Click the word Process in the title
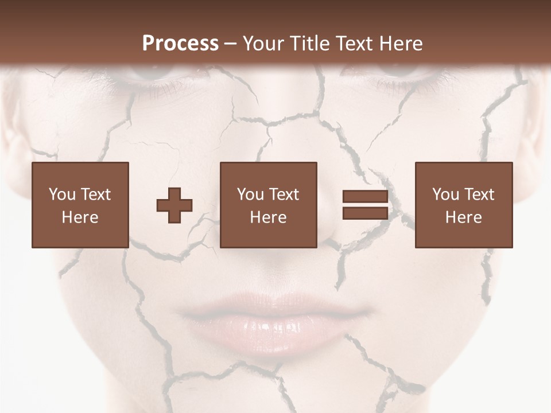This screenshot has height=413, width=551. click(180, 43)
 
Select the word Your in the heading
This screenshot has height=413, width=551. click(263, 43)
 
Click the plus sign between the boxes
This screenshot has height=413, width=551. click(174, 205)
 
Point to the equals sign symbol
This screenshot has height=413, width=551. click(365, 205)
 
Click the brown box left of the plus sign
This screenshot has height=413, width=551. click(80, 205)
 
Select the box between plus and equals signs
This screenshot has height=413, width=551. click(269, 205)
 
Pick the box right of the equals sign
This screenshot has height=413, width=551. click(464, 205)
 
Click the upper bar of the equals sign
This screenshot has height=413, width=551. click(365, 197)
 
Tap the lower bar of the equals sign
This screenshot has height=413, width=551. click(365, 213)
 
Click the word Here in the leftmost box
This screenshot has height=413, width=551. click(80, 217)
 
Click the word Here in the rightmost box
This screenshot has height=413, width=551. click(464, 217)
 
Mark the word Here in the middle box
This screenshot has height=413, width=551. click(269, 217)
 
